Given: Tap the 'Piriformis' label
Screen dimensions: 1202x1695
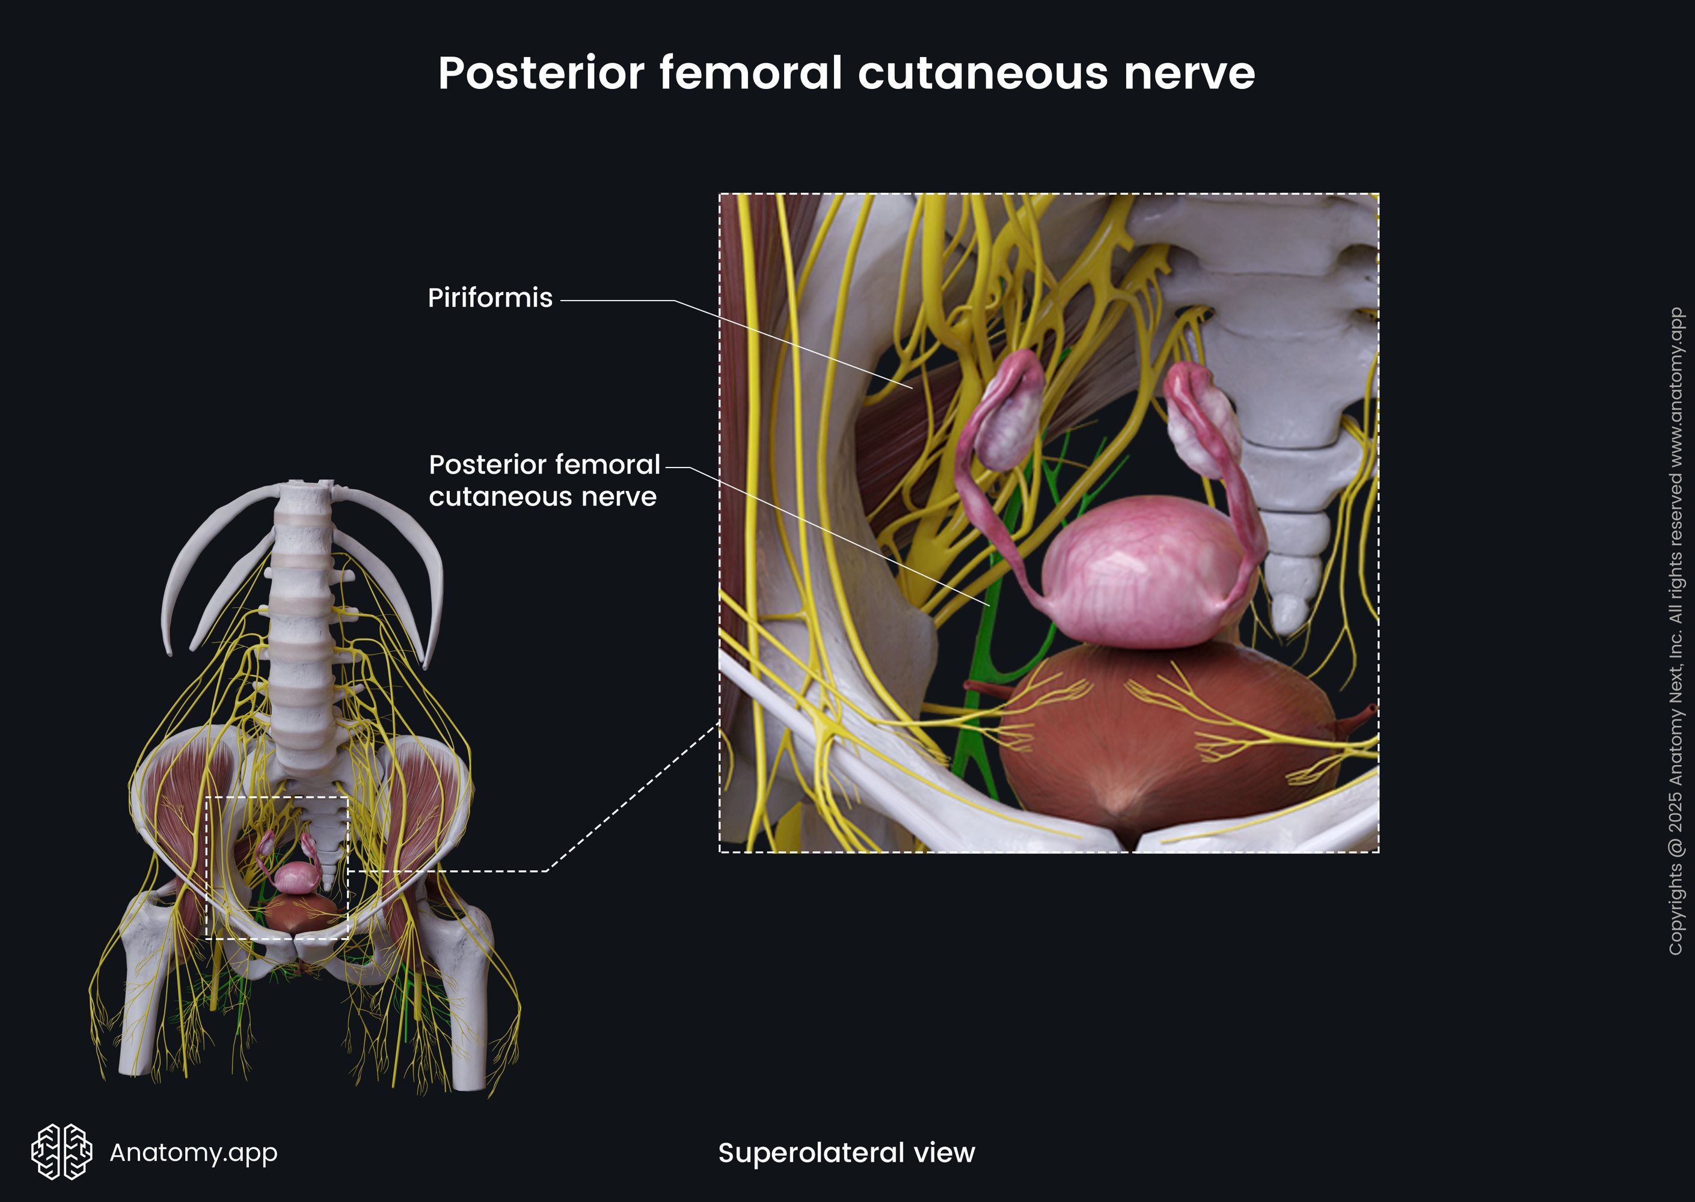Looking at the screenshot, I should click(x=489, y=297).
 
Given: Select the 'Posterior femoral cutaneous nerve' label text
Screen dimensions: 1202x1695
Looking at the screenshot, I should click(x=544, y=480).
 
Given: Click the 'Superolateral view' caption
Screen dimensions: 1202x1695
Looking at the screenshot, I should click(x=847, y=1152).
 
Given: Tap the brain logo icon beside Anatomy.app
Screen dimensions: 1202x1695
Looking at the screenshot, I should click(x=61, y=1152).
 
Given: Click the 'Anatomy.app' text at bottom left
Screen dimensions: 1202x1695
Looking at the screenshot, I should click(x=193, y=1152).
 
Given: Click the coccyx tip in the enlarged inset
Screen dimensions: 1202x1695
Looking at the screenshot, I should click(x=1289, y=614).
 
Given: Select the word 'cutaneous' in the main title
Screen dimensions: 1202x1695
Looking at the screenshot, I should click(x=983, y=73).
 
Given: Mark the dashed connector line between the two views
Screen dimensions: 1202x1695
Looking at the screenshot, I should click(x=630, y=799).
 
